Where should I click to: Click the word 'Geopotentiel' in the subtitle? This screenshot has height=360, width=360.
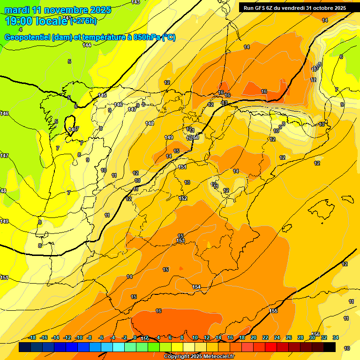(x=28, y=37)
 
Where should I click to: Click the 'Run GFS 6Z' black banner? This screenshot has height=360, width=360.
(x=295, y=7)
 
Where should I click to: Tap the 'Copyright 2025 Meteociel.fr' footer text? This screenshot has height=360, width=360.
(x=199, y=357)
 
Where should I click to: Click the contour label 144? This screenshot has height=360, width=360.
(x=87, y=45)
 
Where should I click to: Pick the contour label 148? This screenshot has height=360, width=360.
(x=150, y=123)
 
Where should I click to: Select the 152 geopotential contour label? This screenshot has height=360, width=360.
(x=183, y=198)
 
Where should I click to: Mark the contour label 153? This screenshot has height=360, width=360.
(x=180, y=240)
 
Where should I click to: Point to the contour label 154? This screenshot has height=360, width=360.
(x=196, y=287)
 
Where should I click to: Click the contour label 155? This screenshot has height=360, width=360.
(x=274, y=311)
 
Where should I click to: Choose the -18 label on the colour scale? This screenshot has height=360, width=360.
(x=32, y=337)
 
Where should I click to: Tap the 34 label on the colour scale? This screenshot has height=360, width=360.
(x=336, y=337)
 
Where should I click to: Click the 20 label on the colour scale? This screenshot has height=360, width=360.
(x=254, y=337)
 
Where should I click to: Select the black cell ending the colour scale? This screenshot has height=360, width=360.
(x=329, y=347)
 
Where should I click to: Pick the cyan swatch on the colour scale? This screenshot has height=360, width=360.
(x=118, y=347)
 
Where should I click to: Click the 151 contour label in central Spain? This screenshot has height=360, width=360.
(x=182, y=167)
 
